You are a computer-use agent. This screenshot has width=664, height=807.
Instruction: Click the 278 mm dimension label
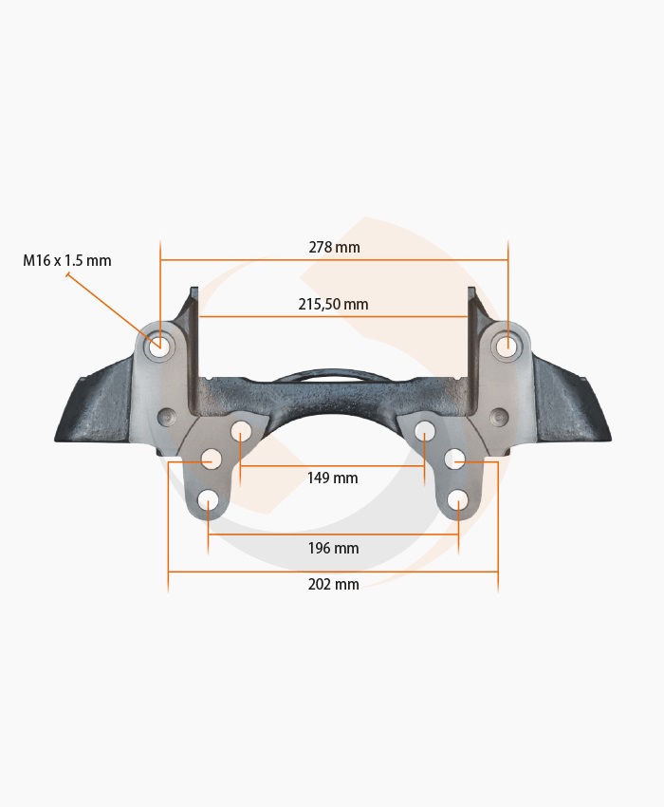point(334,248)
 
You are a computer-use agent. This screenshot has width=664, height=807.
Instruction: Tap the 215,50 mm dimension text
point(333,304)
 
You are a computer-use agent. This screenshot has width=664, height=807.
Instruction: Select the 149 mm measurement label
point(332,479)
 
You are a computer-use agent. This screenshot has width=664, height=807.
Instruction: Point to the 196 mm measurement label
point(333,548)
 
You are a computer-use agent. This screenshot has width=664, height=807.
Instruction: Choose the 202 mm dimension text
point(333,584)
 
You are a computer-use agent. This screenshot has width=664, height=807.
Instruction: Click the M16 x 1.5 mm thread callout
point(66,260)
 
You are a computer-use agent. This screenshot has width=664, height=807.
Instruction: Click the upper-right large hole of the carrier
point(507,345)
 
